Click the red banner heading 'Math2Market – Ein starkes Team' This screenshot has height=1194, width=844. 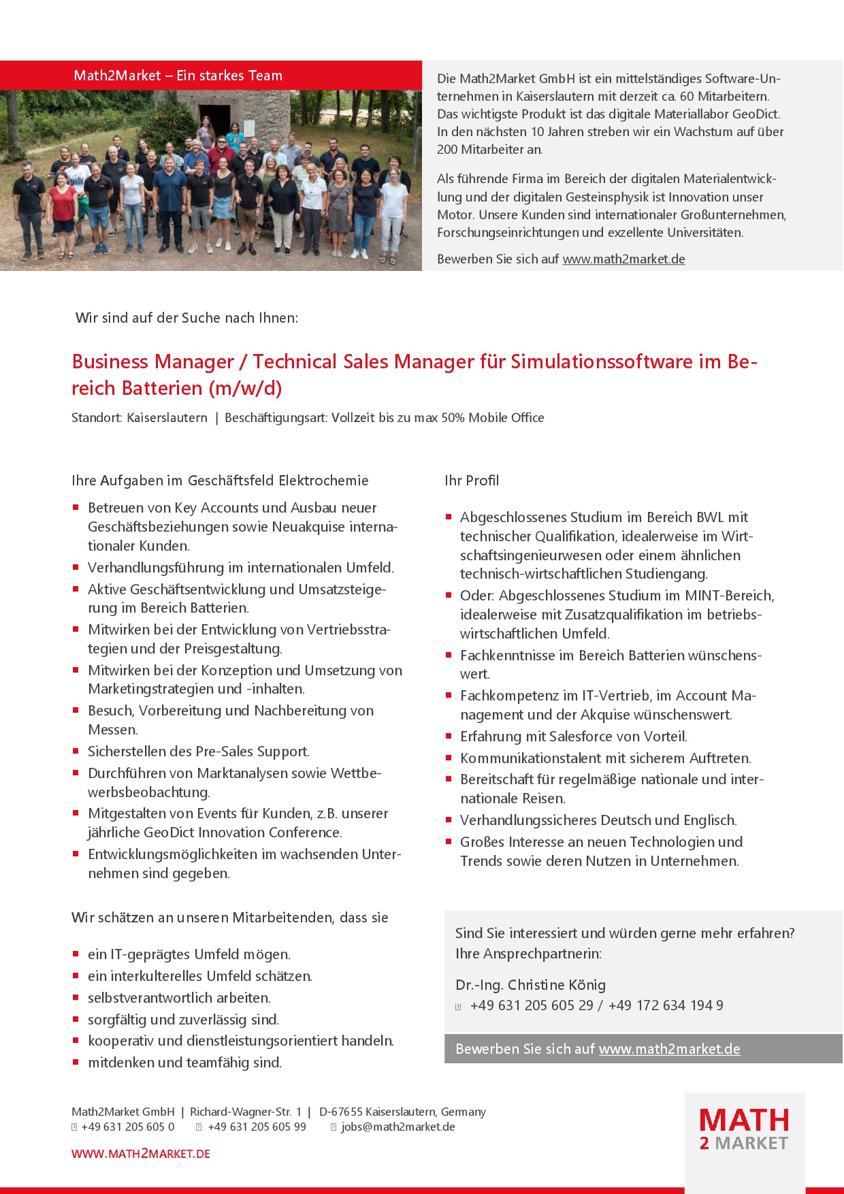pos(178,76)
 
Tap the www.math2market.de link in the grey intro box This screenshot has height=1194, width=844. pos(623,259)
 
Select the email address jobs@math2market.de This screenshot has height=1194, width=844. pos(398,1127)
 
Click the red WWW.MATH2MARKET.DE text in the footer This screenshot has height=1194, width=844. pos(141,1154)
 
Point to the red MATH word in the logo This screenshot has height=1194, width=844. pos(744,1120)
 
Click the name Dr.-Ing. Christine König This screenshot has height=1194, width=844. pos(530,985)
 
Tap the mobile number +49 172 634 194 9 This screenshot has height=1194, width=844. pos(666,1005)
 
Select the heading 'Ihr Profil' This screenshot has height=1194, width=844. pos(472,481)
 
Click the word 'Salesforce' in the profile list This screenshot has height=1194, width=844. pos(586,737)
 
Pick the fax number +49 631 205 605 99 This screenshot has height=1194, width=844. pos(257,1127)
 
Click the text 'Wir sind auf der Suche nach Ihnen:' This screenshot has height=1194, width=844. pos(186,318)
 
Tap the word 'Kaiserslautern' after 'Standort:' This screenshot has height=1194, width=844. pos(167,418)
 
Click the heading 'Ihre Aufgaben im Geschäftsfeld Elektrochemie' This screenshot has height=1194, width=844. pos(220,481)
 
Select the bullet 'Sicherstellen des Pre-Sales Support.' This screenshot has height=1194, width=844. pos(198,752)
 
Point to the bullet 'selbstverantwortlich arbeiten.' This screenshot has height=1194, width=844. pos(179,998)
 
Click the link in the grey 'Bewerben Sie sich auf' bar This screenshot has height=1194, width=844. pos(669,1049)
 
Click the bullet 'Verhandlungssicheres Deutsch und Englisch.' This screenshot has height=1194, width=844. pos(598,820)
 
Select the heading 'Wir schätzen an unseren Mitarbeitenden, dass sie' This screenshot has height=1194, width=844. pos(230,918)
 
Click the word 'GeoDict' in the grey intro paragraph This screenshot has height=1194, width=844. pos(756,114)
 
